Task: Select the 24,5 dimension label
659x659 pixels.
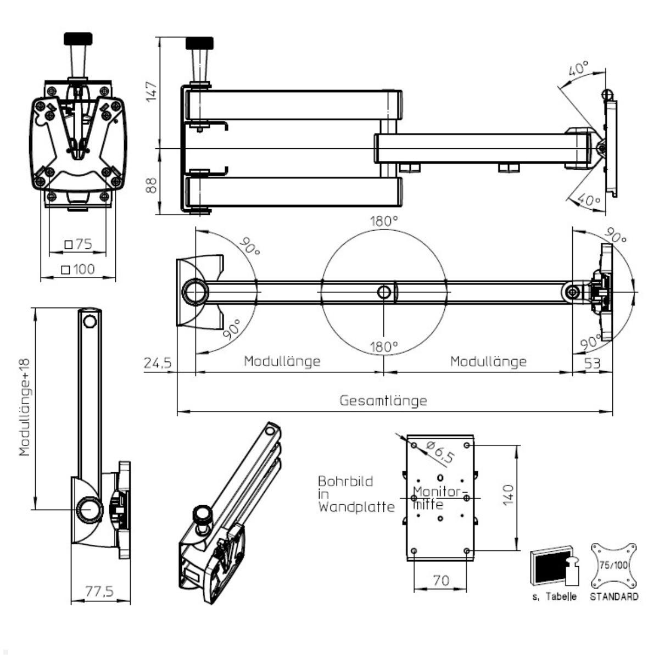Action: click(158, 363)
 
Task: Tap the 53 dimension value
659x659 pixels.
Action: click(592, 363)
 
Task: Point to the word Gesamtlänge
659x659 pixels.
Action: click(383, 400)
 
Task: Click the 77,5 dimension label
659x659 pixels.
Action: click(100, 591)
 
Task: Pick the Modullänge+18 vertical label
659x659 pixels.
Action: click(25, 408)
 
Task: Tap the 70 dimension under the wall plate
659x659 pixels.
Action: click(440, 580)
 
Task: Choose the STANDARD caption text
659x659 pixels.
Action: click(614, 597)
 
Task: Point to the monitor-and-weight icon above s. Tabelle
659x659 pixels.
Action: click(555, 567)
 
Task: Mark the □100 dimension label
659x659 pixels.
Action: click(78, 269)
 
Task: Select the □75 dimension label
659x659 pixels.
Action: click(78, 244)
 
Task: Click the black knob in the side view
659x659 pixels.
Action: click(199, 43)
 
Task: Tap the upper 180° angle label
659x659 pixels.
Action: click(383, 222)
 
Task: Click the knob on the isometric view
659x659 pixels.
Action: click(203, 516)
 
